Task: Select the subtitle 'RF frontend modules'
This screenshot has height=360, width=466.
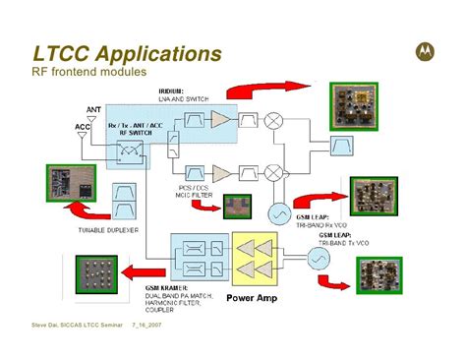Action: click(x=89, y=72)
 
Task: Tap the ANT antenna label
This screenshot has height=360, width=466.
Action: click(x=93, y=109)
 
